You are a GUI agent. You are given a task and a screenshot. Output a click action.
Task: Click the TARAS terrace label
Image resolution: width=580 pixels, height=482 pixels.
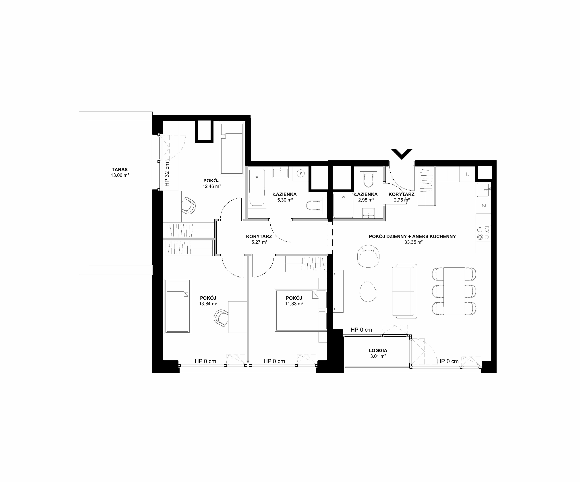click(120, 170)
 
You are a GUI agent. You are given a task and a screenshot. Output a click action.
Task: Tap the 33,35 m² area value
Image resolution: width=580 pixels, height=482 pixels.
click(413, 242)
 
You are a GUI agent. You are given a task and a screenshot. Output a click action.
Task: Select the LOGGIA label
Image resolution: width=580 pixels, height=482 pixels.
click(378, 351)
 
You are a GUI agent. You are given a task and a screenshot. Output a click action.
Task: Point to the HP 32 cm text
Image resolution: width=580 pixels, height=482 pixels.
click(167, 174)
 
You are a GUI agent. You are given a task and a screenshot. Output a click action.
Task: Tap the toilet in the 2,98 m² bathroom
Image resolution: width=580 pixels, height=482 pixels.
click(369, 178)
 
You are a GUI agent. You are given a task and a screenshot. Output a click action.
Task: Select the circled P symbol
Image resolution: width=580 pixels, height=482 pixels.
click(301, 173)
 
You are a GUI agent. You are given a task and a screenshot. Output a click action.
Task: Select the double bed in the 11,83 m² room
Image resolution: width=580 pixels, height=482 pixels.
click(301, 310)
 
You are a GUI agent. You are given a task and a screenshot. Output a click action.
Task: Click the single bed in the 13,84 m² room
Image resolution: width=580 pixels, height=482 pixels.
click(178, 306)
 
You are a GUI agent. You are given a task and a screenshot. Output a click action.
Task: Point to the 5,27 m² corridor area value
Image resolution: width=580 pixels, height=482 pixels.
click(259, 242)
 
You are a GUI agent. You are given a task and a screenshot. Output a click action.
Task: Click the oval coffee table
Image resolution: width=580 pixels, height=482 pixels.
click(368, 292)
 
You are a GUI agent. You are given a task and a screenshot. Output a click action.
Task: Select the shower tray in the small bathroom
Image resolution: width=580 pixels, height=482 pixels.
click(343, 205)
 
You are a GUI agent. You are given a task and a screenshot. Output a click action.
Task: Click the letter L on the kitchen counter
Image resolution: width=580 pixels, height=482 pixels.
click(467, 174)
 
